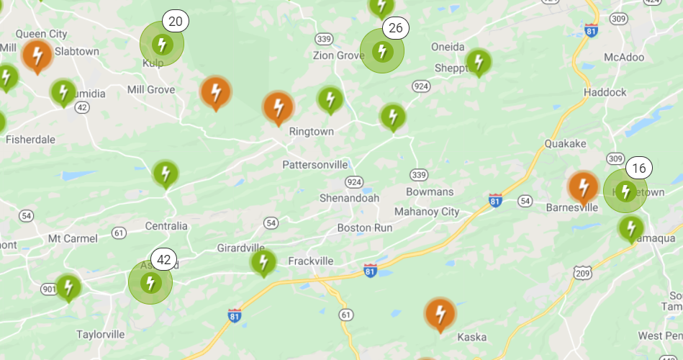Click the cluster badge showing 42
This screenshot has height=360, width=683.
pos(164,260)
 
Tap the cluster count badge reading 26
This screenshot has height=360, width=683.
pos(395,28)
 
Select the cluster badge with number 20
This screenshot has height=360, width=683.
pos(175,21)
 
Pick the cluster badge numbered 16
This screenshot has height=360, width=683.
pos(638,168)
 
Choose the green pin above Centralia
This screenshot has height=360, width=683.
pos(166,174)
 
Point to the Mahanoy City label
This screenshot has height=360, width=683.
pos(426,212)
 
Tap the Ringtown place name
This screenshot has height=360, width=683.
pos(312,132)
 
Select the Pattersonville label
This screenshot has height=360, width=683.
pos(315,164)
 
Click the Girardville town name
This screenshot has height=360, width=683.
pos(241,248)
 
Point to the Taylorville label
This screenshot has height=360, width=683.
pos(101,334)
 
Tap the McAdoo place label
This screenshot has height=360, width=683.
pos(624,57)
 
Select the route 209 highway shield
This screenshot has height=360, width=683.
pos(583,271)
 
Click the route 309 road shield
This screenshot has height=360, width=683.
pos(615,158)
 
